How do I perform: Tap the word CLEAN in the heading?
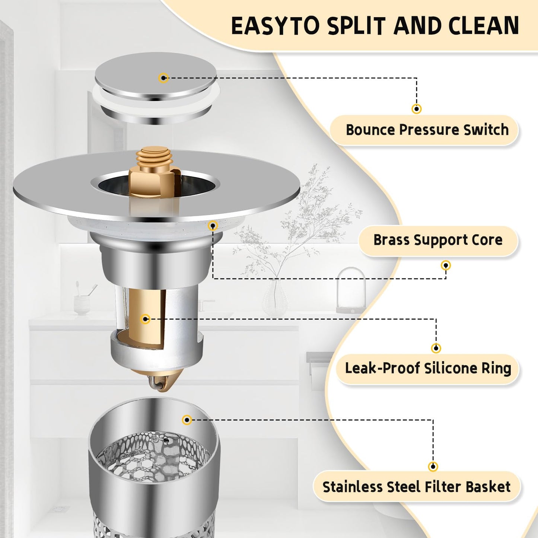[484, 26]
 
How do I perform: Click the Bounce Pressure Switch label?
[427, 130]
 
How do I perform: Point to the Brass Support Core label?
[438, 240]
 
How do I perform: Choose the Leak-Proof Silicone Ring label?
[428, 368]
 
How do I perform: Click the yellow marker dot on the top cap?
[163, 77]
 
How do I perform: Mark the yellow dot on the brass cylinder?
[146, 319]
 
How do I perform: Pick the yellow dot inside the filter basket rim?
[187, 420]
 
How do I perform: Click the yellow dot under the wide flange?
[213, 225]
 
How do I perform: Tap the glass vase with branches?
[275, 297]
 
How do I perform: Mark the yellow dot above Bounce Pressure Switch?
[417, 109]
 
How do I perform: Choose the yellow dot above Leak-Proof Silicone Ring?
[436, 348]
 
